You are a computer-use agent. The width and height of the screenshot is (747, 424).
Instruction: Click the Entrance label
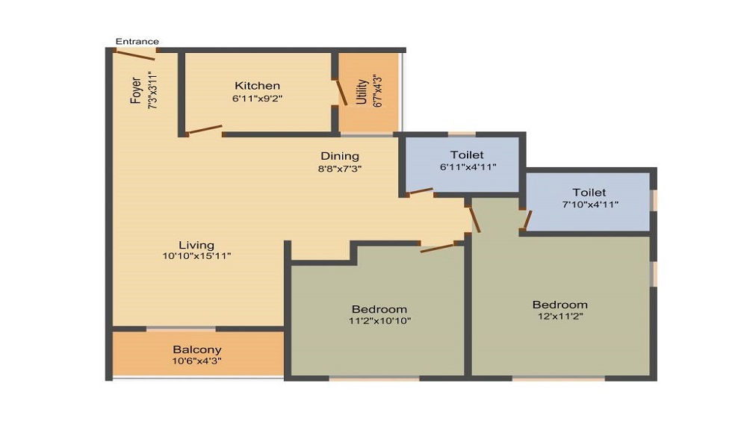137,41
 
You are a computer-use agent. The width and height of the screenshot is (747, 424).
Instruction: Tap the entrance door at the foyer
136,54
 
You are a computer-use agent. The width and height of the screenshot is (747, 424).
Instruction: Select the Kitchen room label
257,86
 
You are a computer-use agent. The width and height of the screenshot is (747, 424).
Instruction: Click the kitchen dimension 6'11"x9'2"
257,99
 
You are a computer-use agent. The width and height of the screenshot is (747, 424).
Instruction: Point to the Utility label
362,91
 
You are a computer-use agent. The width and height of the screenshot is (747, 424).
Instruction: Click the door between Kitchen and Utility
342,93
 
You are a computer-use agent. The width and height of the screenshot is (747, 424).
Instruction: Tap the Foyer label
136,90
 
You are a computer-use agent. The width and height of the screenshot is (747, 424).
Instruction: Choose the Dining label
340,156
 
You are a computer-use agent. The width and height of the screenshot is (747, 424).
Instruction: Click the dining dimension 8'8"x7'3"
340,169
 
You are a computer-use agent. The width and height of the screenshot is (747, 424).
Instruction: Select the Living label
196,245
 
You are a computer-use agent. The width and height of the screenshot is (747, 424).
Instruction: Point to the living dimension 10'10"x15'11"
196,256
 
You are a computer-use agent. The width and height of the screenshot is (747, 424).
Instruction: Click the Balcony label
196,350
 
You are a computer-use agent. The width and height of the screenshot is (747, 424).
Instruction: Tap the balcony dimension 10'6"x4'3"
196,361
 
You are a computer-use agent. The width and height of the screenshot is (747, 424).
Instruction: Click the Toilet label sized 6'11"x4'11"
467,155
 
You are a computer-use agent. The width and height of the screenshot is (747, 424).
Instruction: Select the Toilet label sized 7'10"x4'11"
589,193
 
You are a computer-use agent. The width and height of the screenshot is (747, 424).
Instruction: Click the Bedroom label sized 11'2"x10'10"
379,309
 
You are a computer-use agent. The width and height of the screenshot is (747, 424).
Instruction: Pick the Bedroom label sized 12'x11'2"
560,305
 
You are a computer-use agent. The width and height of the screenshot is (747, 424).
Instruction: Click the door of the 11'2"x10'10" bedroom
437,248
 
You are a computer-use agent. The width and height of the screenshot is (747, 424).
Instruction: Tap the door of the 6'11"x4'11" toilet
421,191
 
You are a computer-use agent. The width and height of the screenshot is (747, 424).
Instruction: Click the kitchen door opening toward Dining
205,129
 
